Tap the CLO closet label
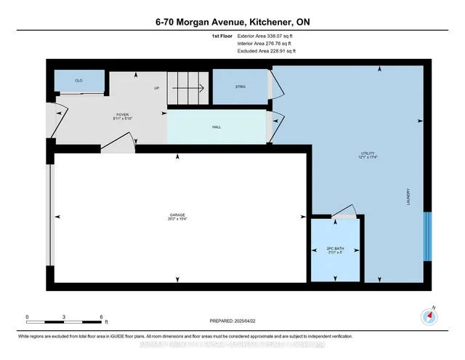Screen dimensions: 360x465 [x=78, y=81]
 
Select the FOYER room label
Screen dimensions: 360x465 [x=122, y=115]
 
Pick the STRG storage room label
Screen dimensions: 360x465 [x=240, y=87]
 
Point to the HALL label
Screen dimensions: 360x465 [x=216, y=127]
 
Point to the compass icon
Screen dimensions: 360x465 [x=431, y=316]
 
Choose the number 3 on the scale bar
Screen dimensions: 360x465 [x=65, y=317]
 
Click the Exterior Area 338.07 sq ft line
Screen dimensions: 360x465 [x=266, y=35]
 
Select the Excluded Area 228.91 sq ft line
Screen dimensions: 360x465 [x=266, y=52]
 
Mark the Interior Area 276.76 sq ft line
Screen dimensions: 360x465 [x=266, y=44]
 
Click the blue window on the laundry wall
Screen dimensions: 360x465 [x=427, y=236]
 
